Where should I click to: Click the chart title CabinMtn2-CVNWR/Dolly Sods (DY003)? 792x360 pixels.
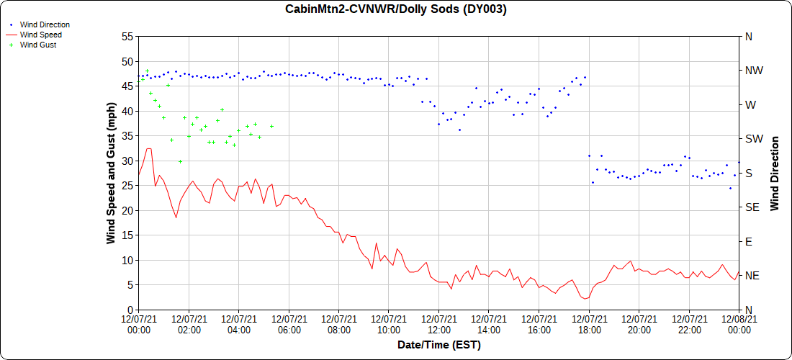(396, 9)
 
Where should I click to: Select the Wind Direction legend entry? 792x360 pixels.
(45, 24)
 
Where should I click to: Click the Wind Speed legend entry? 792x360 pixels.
(40, 35)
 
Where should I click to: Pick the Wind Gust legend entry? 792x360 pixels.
(38, 45)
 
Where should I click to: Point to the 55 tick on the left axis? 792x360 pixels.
(127, 36)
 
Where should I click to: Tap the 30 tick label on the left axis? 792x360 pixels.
(127, 161)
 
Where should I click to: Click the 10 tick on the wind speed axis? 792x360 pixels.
(127, 260)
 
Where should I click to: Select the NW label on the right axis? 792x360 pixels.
(753, 71)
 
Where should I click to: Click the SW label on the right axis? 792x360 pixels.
(753, 139)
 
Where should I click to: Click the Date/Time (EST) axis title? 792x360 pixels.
(438, 345)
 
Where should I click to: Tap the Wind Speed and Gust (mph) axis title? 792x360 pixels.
(111, 173)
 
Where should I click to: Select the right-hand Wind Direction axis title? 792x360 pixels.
(775, 173)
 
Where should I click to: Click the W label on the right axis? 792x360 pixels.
(750, 105)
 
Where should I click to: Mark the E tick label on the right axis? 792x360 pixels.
(748, 242)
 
